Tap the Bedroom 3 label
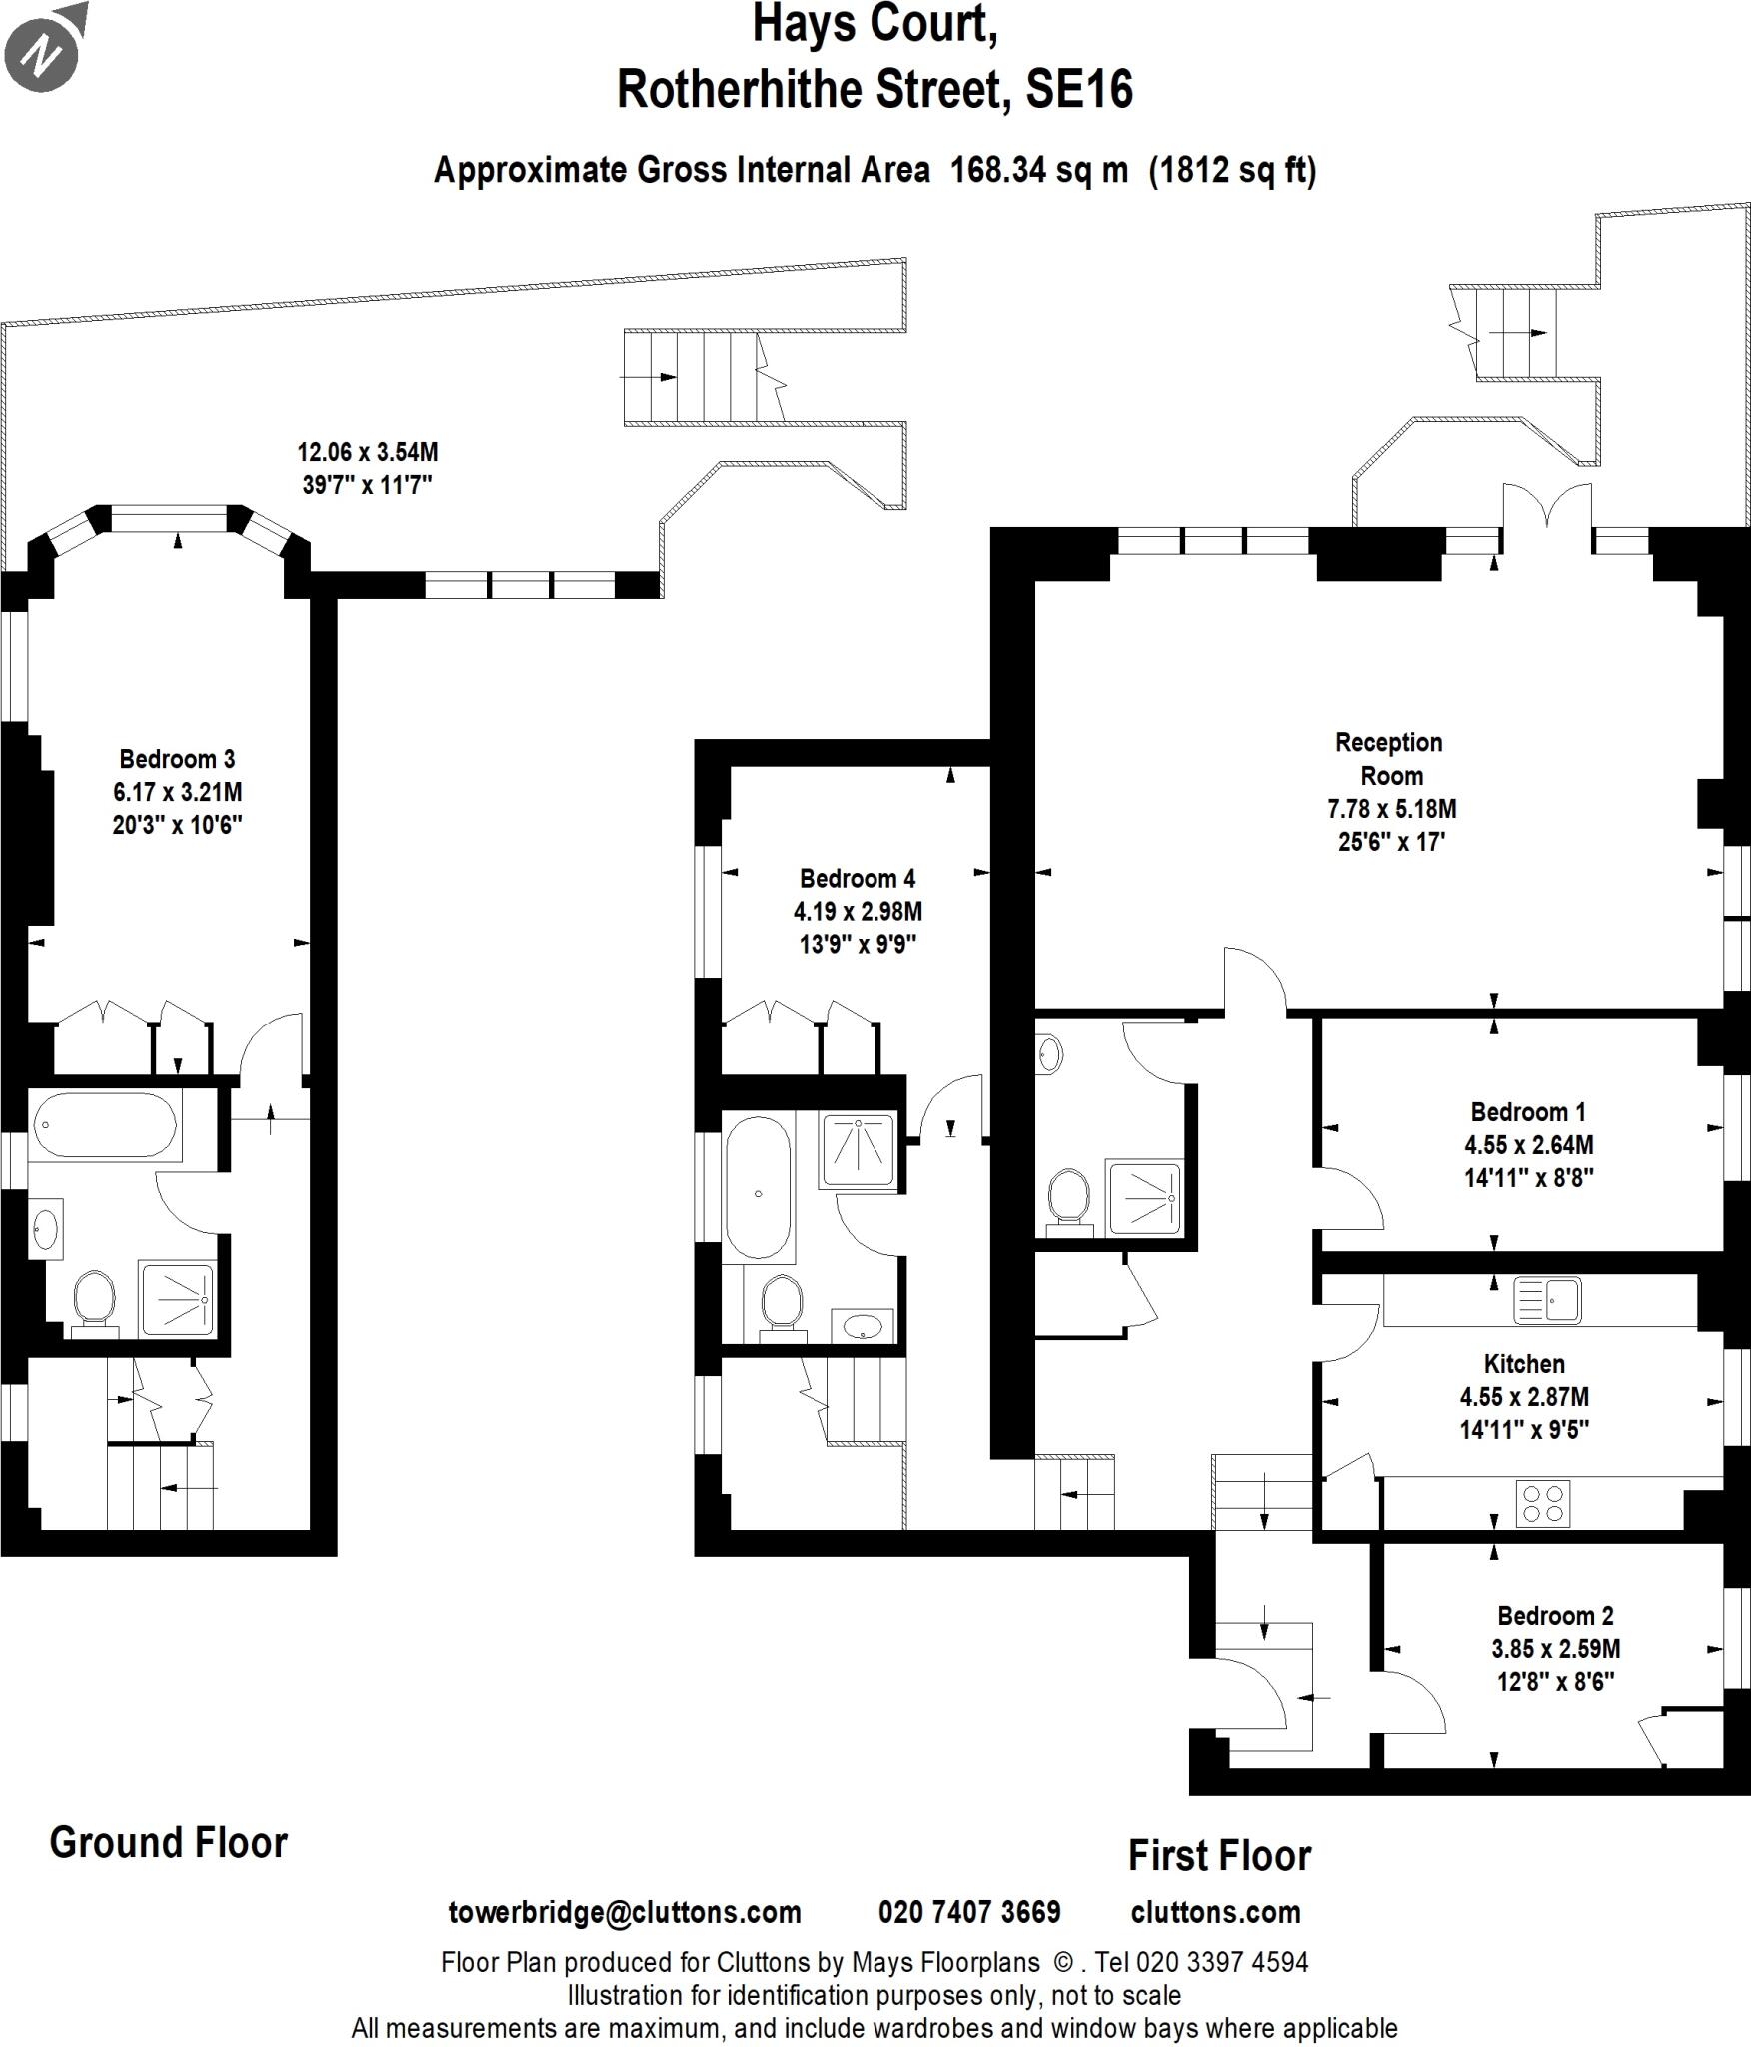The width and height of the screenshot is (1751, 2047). (x=177, y=759)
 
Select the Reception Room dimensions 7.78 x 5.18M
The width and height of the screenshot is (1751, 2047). (x=1391, y=809)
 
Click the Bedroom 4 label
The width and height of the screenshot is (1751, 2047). (x=857, y=879)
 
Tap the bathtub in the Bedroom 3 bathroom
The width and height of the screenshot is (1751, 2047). (x=105, y=1125)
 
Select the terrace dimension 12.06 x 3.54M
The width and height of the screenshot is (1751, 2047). (x=367, y=453)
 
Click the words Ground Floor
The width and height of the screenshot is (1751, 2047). (x=168, y=1843)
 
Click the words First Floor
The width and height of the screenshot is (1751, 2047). (x=1218, y=1856)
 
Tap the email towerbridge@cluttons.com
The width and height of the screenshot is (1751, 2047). (x=625, y=1913)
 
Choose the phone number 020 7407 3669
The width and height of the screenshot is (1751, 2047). (x=968, y=1913)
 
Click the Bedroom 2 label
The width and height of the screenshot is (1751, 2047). (x=1555, y=1616)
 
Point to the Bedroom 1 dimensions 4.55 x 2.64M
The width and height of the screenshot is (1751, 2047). (x=1528, y=1145)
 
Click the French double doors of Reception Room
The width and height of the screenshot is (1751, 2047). (x=1546, y=507)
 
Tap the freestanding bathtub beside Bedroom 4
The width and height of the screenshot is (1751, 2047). (x=758, y=1189)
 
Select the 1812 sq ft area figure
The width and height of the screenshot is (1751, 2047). (x=1232, y=171)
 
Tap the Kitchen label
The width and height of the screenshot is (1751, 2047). (x=1524, y=1364)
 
